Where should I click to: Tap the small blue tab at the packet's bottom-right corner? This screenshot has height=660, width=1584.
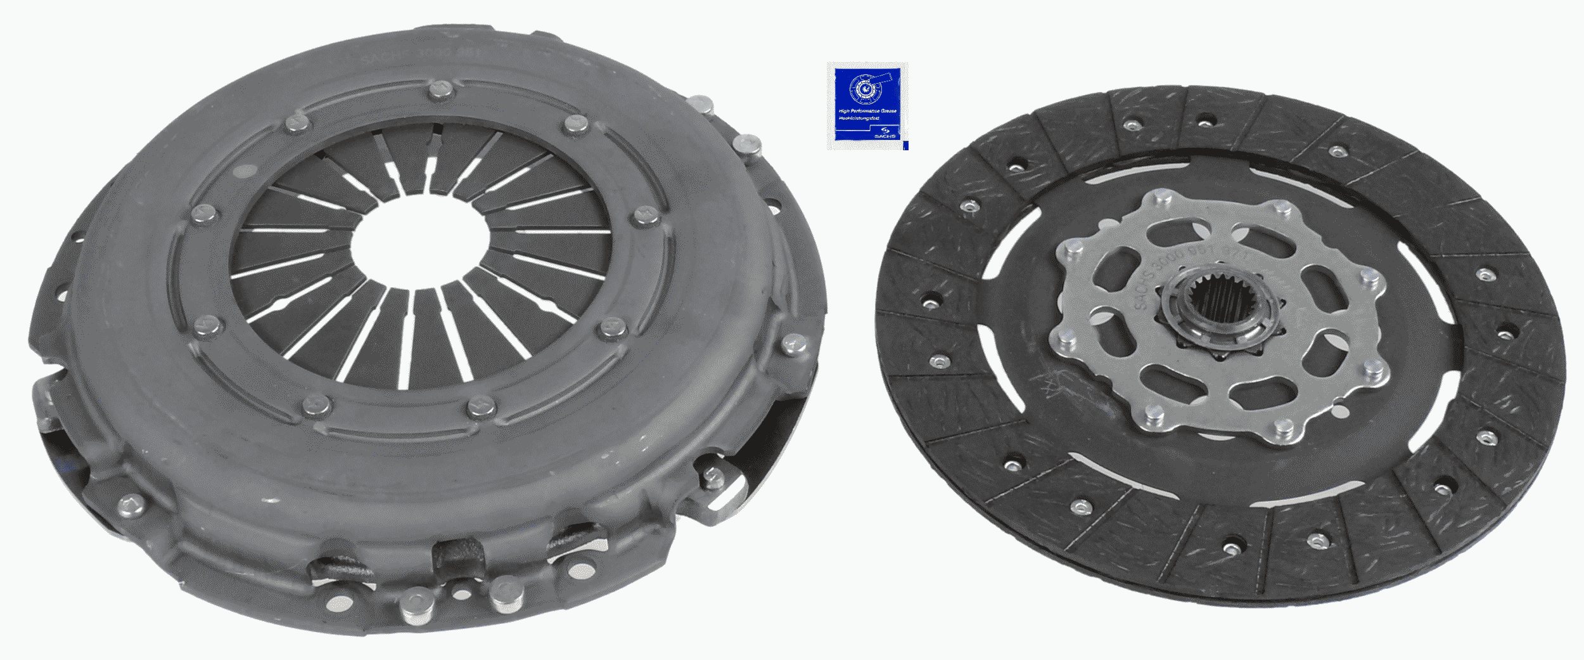point(905,145)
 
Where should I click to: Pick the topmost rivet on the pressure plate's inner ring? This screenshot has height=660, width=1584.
point(438,91)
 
